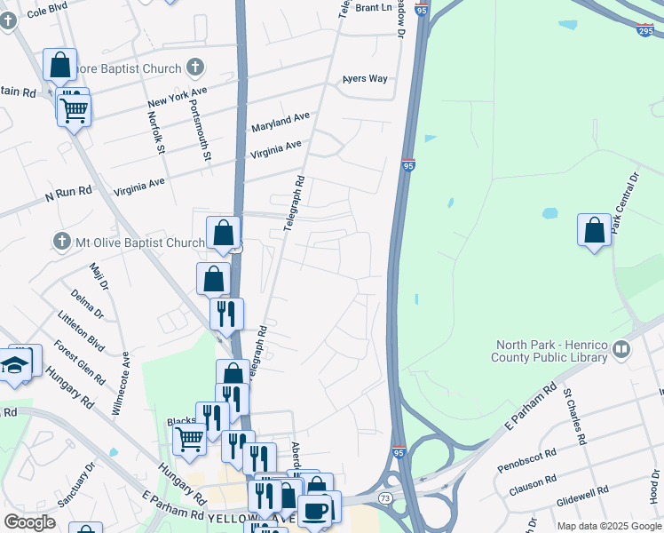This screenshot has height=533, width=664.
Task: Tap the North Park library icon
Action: [x=620, y=351]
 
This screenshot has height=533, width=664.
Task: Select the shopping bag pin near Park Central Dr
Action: [x=594, y=230]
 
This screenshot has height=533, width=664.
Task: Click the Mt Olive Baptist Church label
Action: [x=140, y=243]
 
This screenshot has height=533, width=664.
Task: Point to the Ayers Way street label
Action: [x=366, y=79]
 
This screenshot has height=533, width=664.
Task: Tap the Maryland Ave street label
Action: [x=281, y=122]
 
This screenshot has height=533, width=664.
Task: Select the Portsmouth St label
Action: [x=200, y=130]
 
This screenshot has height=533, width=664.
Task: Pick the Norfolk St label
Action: [x=156, y=131]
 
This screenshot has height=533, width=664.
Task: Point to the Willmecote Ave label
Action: [x=123, y=385]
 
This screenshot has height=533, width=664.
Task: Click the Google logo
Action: [x=29, y=522]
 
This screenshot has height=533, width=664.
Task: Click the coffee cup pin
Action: [x=316, y=510]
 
